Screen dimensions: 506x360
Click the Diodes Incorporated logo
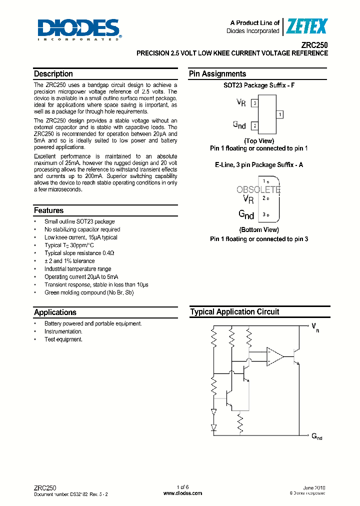click(x=78, y=29)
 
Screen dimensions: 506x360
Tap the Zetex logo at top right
click(x=306, y=26)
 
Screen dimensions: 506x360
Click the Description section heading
click(x=53, y=74)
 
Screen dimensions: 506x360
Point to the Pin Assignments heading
click(x=217, y=74)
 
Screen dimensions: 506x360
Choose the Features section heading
click(x=49, y=210)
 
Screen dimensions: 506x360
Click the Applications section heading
click(x=55, y=312)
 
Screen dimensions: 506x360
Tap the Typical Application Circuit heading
click(x=234, y=312)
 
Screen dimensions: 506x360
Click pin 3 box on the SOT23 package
click(x=255, y=103)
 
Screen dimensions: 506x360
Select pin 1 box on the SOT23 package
click(x=280, y=114)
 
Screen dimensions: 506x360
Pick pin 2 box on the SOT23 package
click(x=255, y=126)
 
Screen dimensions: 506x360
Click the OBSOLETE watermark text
click(x=258, y=190)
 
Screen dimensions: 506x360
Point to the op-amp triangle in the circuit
click(x=274, y=356)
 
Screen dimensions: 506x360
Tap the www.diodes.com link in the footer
click(x=183, y=493)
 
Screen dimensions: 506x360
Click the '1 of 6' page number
click(x=183, y=487)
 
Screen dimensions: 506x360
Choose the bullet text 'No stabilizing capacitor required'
click(x=82, y=229)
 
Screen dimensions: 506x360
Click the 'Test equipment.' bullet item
click(x=63, y=339)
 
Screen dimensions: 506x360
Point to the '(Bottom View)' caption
click(x=259, y=230)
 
